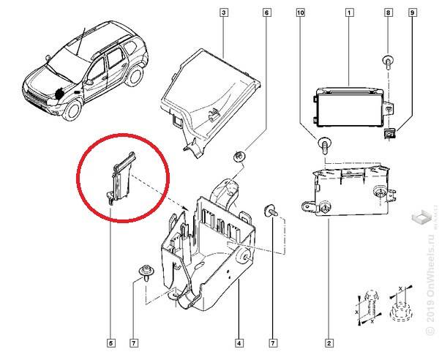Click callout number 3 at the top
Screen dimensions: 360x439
[224, 12]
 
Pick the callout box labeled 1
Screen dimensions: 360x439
[350, 12]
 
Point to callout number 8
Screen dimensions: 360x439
[389, 12]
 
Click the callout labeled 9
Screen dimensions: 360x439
[413, 12]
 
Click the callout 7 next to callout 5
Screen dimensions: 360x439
[133, 342]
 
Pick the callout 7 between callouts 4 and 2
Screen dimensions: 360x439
[274, 342]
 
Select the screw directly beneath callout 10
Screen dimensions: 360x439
[322, 143]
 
